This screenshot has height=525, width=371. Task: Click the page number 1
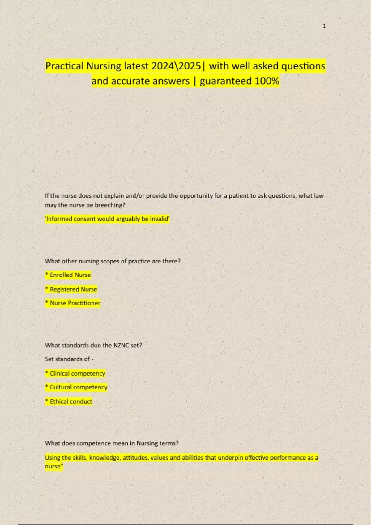[x=324, y=26]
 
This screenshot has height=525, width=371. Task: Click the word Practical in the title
[x=64, y=66]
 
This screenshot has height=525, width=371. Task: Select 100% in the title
[x=267, y=81]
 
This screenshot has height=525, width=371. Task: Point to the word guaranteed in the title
[x=226, y=81]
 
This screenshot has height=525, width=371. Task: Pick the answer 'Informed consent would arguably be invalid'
[x=107, y=219]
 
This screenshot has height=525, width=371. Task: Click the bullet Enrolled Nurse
[x=68, y=275]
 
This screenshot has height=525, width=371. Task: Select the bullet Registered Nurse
[x=71, y=289]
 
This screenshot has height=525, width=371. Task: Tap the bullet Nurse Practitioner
[x=73, y=303]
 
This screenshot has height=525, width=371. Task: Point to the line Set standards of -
[x=69, y=359]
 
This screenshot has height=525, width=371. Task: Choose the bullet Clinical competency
[x=75, y=373]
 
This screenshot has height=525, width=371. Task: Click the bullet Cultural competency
[x=76, y=387]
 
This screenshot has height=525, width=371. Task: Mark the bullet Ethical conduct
[x=69, y=401]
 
